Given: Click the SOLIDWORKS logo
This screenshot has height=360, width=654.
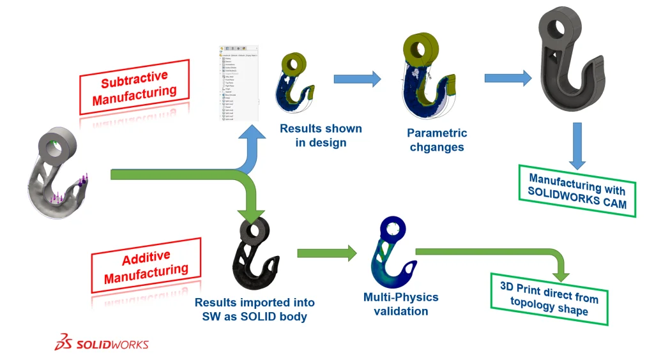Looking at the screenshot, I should click(102, 343).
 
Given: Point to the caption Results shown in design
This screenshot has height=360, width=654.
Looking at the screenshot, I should click(321, 135).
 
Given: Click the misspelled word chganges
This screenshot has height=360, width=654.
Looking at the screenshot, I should click(437, 147).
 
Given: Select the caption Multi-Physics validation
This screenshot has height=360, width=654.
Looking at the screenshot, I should click(400, 304).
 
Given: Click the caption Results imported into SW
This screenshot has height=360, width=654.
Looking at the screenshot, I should click(254, 309).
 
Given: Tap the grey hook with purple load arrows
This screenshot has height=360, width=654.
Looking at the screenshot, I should click(59, 173).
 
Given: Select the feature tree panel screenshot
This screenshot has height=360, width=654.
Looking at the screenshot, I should click(238, 83).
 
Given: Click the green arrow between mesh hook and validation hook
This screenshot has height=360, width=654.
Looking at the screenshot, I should click(326, 253).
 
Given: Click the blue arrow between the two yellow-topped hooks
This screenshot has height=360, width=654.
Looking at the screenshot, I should click(357, 79).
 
